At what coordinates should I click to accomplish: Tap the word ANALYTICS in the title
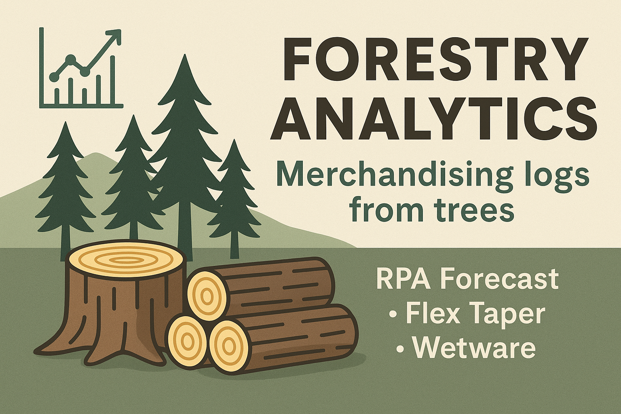pos(434,117)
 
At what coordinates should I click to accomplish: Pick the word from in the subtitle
pos(380,210)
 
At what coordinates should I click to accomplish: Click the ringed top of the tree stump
pos(127,259)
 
